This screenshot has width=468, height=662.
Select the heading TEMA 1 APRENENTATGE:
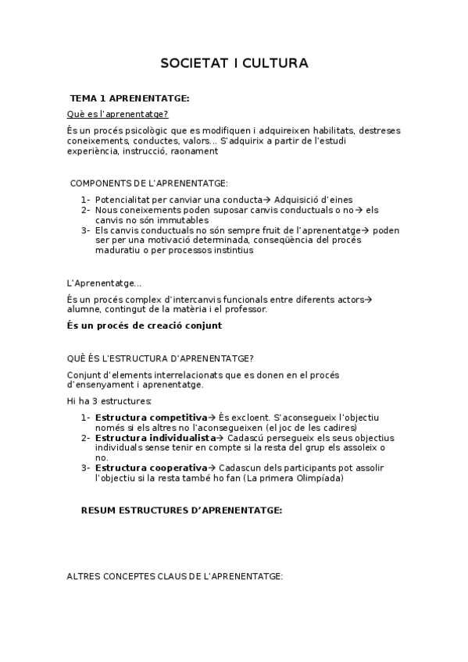130,99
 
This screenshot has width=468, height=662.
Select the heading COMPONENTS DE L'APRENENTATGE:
149,183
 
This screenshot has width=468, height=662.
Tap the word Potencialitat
125,200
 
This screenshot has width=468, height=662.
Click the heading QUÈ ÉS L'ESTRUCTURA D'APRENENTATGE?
160,358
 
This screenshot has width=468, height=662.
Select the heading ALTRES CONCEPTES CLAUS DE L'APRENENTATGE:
174,577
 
